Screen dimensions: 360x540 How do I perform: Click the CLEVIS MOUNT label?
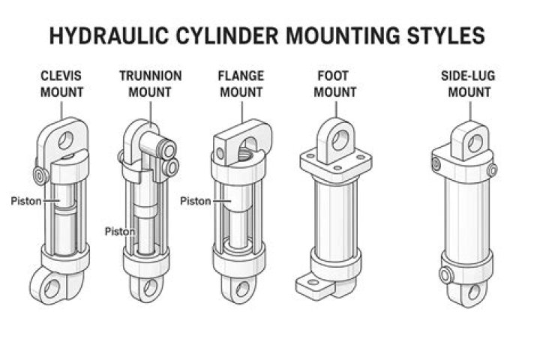point(62,84)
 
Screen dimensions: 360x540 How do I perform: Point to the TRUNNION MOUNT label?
point(150,84)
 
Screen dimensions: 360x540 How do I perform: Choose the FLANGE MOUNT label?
point(240,84)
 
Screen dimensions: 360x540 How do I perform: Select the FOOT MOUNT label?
point(334,84)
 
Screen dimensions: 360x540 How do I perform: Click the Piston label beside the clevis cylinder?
point(25,201)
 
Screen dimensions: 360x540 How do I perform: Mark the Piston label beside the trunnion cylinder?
point(119,231)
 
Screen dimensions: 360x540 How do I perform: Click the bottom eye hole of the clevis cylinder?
point(52,289)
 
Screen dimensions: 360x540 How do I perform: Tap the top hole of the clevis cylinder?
point(66,139)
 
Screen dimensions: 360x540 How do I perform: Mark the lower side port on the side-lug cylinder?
point(445,275)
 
